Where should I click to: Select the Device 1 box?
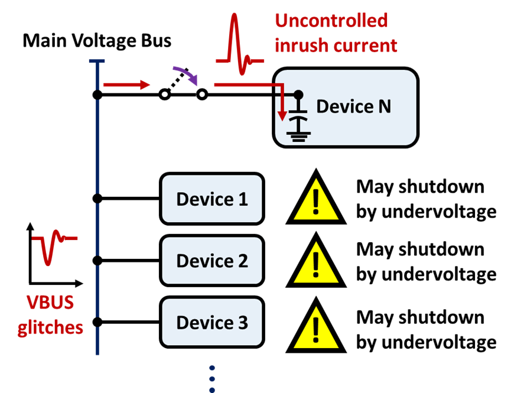coord(212,199)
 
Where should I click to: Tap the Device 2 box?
coord(212,261)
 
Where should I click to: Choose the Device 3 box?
coord(212,323)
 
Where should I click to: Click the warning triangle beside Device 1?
coord(316,201)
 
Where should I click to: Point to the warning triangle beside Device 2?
coord(316,264)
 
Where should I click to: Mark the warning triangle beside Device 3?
coord(316,329)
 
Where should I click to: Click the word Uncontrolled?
coord(331,21)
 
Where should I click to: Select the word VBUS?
coord(50,303)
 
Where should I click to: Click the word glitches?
coord(50,327)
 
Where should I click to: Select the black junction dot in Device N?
coord(298,95)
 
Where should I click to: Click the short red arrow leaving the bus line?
coord(127,85)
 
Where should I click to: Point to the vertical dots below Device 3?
coord(212,378)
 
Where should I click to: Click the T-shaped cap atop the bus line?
coord(97,61)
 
